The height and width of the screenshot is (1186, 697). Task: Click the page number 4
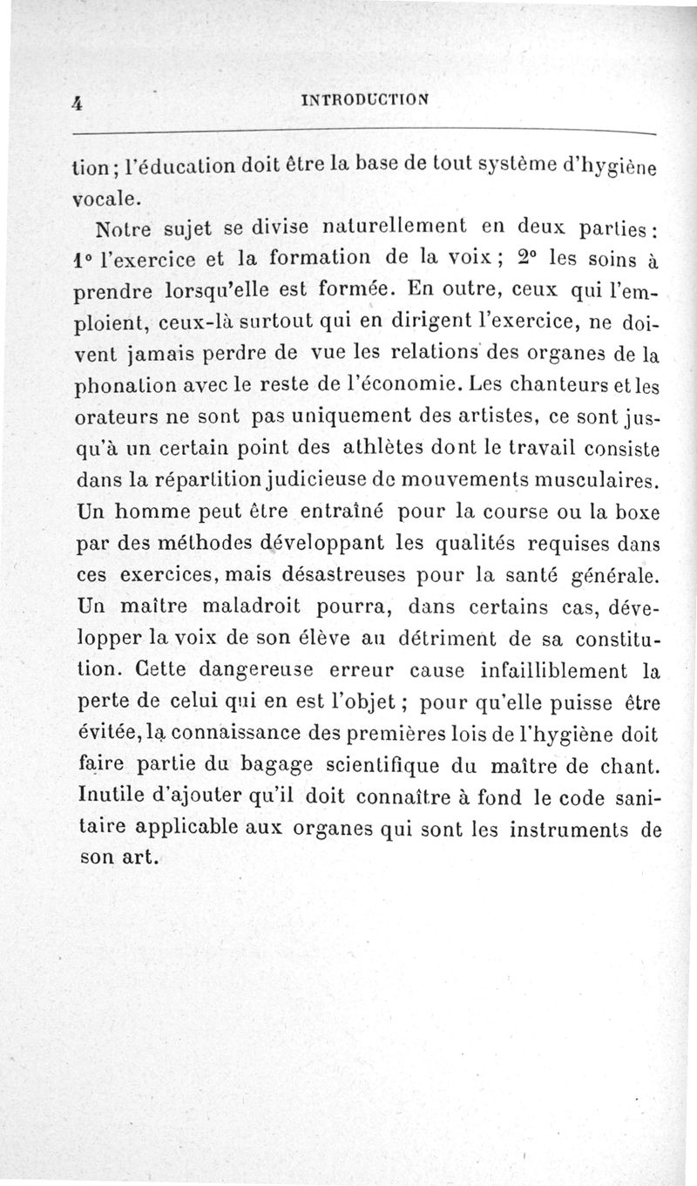coord(78,102)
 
